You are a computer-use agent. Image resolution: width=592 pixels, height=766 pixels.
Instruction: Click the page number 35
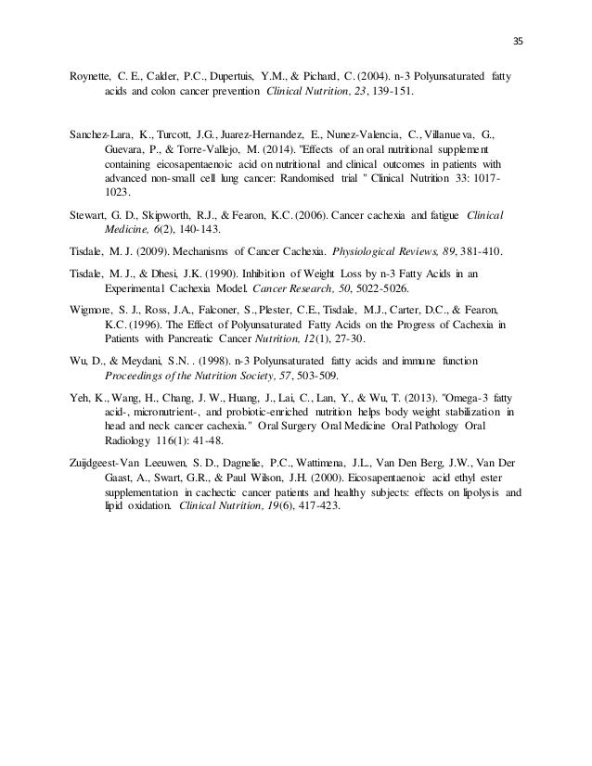point(518,39)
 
